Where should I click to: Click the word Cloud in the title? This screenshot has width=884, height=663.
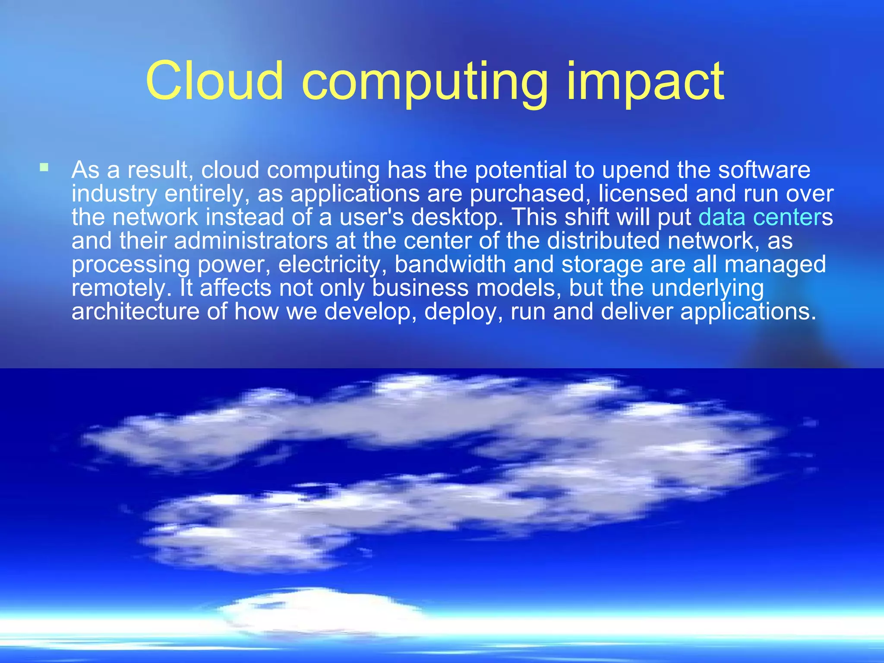pos(215,81)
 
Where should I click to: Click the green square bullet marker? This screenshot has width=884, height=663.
pos(44,167)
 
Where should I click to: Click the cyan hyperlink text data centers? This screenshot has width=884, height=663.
pos(760,217)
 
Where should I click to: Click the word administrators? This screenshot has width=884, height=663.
pos(251,240)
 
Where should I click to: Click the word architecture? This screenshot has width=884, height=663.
pos(135,311)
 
